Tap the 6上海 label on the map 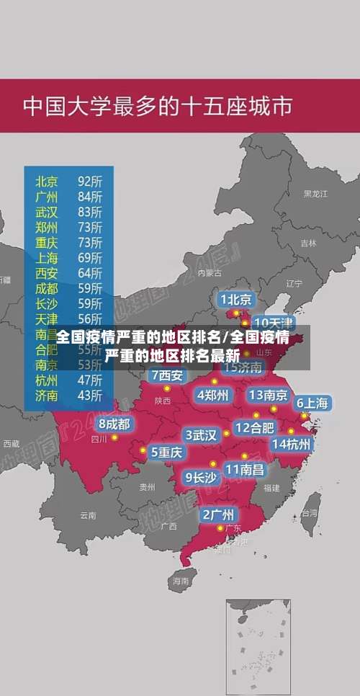pos(312,403)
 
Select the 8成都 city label pos(114,424)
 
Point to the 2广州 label pos(217,514)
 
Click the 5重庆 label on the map pos(166,452)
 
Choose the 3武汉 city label pos(201,435)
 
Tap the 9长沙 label pos(201,477)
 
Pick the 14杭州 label pos(292,444)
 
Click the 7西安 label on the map pos(167,375)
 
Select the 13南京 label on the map pos(269,395)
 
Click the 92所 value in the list pos(90,180)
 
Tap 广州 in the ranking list pos(48,196)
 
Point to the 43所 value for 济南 pos(90,395)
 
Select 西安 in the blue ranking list pos(48,273)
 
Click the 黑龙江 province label pos(315,194)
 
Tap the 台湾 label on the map pos(309,514)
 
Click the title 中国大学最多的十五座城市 pos(158,107)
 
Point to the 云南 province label pos(88,515)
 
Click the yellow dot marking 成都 pos(114,437)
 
